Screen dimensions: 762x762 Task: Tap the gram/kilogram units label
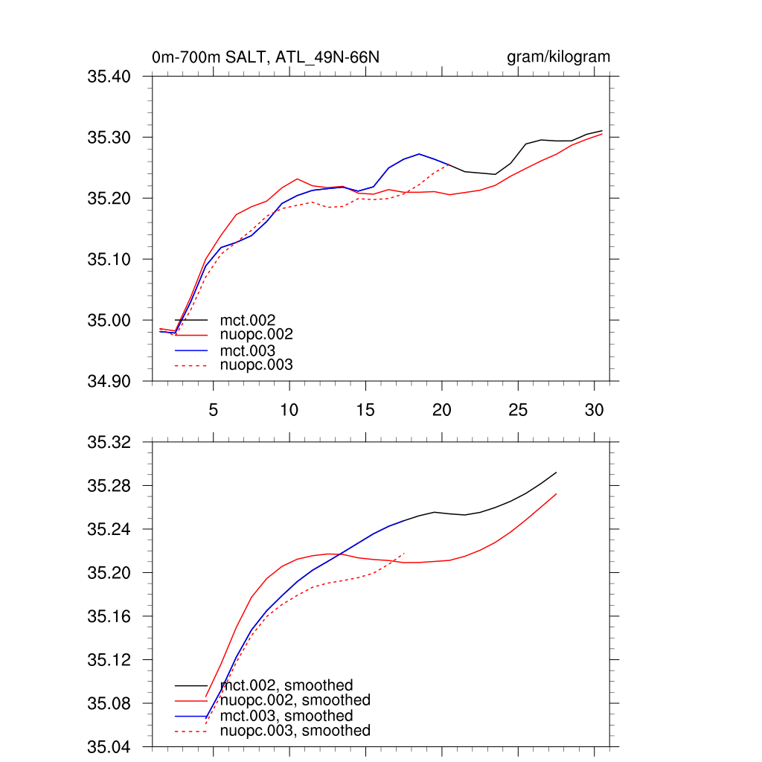tap(558, 57)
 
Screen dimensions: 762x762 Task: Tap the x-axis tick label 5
tap(213, 409)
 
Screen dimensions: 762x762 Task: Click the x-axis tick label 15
tap(365, 409)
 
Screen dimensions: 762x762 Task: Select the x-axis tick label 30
tap(594, 409)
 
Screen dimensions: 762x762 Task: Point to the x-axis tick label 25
tap(517, 409)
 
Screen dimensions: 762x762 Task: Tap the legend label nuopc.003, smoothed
tap(295, 731)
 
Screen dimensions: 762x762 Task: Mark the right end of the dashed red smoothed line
tap(404, 553)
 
